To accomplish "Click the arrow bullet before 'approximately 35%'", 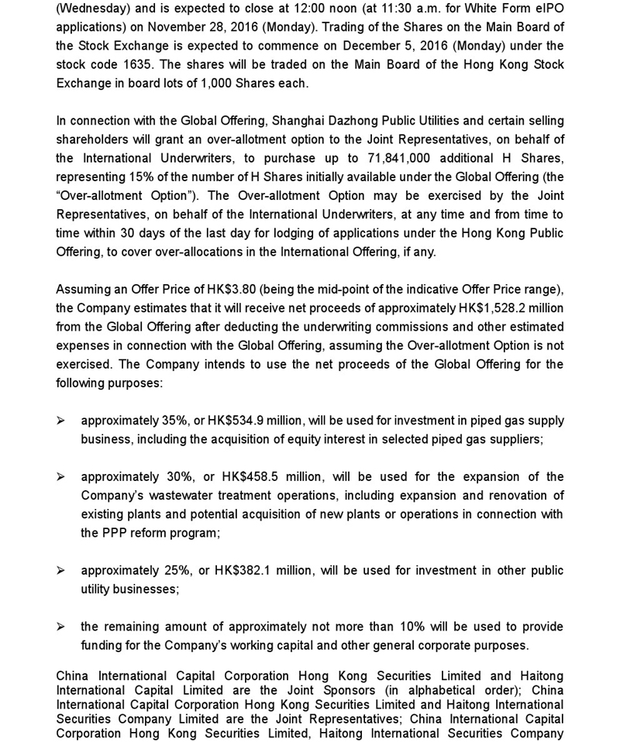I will coord(60,421).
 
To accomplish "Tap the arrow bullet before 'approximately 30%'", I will coord(60,476).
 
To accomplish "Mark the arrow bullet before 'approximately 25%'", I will coord(60,570).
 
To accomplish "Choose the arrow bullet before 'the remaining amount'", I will coord(60,627).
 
